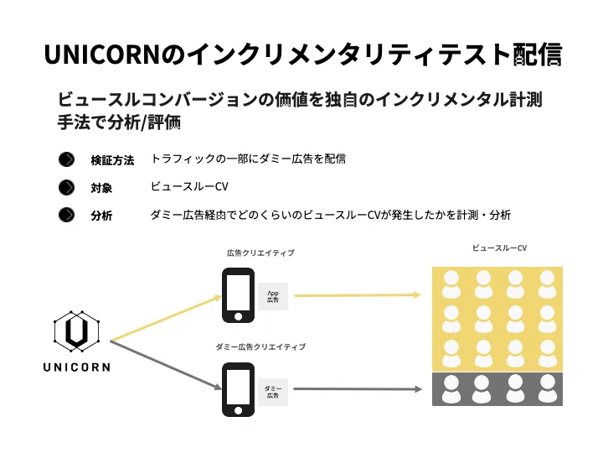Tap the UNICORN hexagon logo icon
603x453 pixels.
[76, 332]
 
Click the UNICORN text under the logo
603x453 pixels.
[76, 367]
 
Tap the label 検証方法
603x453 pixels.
[112, 160]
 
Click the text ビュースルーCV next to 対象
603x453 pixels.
[189, 187]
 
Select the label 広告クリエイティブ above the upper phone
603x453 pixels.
[260, 253]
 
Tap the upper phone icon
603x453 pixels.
[238, 295]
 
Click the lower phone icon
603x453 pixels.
[238, 389]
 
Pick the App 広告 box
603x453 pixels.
[273, 295]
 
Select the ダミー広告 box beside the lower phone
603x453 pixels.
[273, 390]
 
